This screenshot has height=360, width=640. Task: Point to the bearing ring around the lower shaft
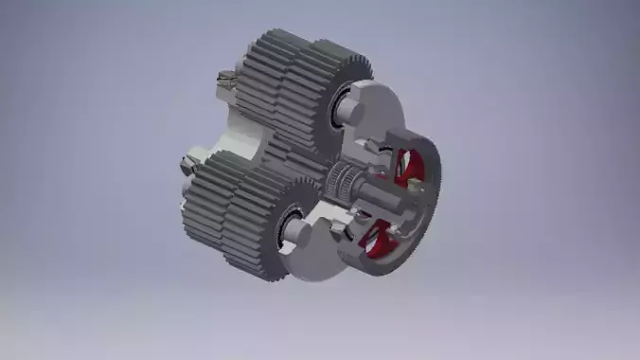tap(288, 225)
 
